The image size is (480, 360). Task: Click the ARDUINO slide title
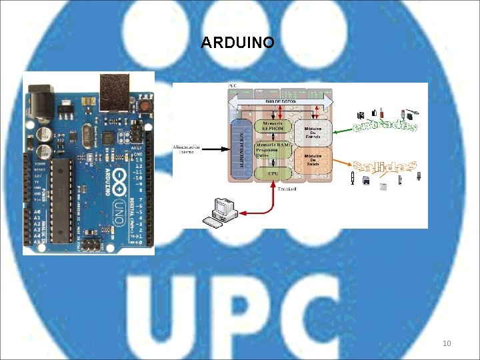click(237, 43)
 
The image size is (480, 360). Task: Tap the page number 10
click(447, 343)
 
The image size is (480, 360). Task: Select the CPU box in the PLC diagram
click(273, 173)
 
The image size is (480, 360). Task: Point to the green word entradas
click(386, 125)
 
